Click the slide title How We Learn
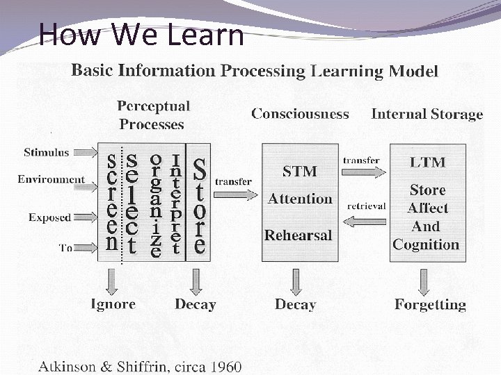pos(141,34)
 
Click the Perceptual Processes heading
pos(152,115)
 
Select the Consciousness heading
pos(300,114)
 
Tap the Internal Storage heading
pos(427,115)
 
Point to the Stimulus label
pos(47,152)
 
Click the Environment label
pos(51,179)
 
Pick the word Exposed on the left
pos(49,217)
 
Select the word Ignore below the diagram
pos(113,304)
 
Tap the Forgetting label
pos(430,304)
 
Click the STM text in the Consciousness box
pos(300,171)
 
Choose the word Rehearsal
pos(298,235)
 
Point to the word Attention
pos(300,199)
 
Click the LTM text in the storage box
pos(428,162)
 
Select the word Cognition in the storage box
pos(426,244)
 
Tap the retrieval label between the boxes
pos(366,206)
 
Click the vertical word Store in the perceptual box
pos(199,206)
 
